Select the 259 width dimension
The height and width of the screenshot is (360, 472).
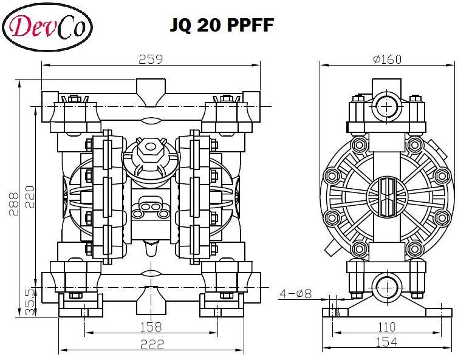click(150, 59)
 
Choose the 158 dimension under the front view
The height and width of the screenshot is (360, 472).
click(151, 327)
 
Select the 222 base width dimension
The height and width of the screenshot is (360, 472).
click(152, 344)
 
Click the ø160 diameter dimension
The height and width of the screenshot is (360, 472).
click(388, 59)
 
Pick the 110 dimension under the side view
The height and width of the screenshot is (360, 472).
click(387, 327)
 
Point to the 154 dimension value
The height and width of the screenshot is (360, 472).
click(386, 343)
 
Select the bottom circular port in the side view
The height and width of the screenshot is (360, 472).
click(386, 286)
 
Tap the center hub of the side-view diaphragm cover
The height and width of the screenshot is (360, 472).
click(387, 195)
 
